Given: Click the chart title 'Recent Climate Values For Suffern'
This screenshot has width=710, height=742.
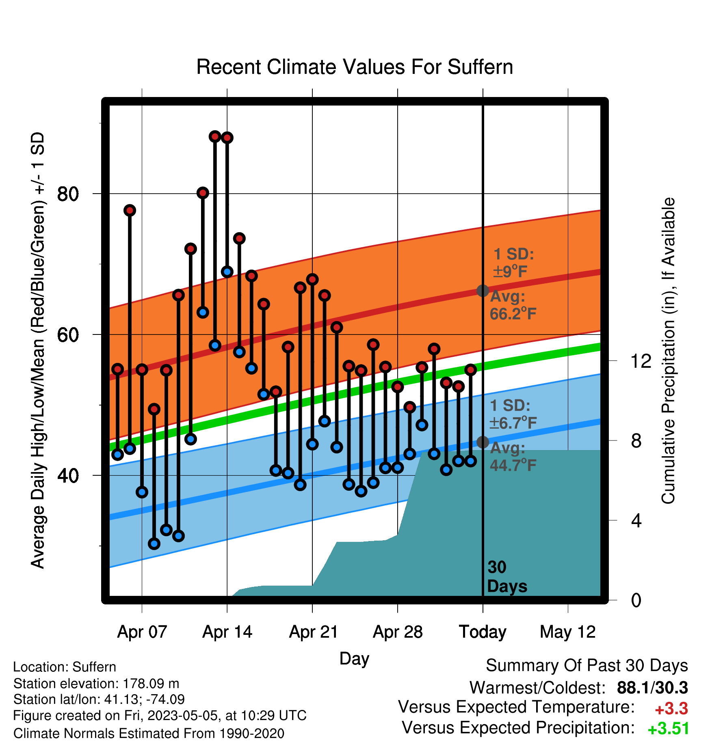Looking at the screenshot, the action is pos(355,67).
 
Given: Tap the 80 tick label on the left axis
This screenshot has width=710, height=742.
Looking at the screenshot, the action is pos(67,194).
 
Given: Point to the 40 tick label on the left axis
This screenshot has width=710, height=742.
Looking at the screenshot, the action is pos(67,475).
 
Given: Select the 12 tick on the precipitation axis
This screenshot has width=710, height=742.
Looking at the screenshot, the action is pos(641,361).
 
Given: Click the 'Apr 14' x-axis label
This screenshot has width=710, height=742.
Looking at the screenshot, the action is pos(227,632).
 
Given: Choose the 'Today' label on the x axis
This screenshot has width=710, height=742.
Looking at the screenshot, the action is pos(483,632).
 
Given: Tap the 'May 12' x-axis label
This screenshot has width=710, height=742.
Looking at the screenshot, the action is pos(567,632).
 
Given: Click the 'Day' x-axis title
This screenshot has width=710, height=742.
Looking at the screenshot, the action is pos(354,658).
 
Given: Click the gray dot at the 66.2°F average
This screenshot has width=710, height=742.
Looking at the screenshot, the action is pos(483,291).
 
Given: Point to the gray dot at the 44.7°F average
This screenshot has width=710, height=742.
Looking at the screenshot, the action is pos(483,442).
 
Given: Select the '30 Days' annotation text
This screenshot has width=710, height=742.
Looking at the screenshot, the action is pos(507,577).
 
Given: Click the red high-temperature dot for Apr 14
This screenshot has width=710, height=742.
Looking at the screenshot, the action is pos(227,138).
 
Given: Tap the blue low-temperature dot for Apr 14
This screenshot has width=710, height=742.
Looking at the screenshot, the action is pos(227,272).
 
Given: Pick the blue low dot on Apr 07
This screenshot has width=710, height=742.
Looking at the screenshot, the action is pos(142,492).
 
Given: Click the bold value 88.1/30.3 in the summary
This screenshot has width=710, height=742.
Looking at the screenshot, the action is pos(652,688).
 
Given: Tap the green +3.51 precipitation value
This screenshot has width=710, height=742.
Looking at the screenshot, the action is pos(669,729).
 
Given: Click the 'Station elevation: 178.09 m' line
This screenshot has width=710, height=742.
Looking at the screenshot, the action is pos(96,684).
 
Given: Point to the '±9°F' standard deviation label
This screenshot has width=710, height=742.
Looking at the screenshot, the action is pos(511,271).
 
